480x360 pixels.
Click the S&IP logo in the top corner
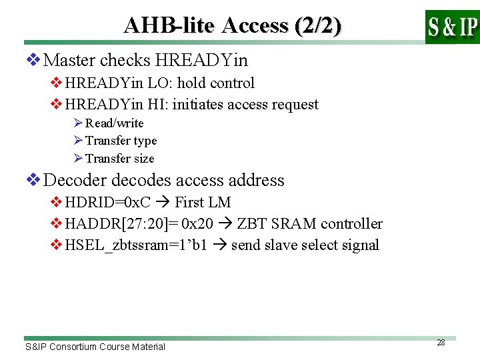pyautogui.click(x=452, y=27)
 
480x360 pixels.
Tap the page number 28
pyautogui.click(x=441, y=342)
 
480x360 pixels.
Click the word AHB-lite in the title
pyautogui.click(x=170, y=25)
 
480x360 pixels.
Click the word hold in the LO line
pyautogui.click(x=192, y=83)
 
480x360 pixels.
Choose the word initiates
pyautogui.click(x=197, y=105)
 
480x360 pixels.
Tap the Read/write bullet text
pyautogui.click(x=114, y=123)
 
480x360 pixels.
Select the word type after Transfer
pyautogui.click(x=145, y=141)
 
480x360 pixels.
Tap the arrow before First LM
pyautogui.click(x=163, y=203)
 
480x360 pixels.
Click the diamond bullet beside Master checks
pyautogui.click(x=33, y=61)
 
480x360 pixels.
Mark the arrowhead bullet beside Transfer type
pyautogui.click(x=78, y=141)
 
